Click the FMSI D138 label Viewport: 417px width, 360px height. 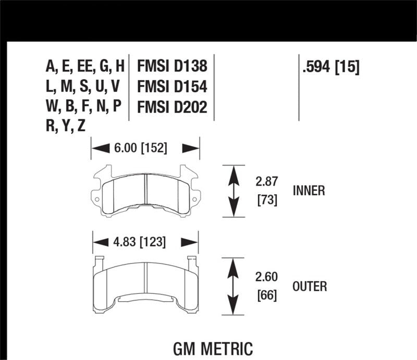click(x=172, y=66)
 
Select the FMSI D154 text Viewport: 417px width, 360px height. click(x=172, y=86)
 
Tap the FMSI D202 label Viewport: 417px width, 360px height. click(x=172, y=107)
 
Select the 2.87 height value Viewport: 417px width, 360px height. click(x=266, y=182)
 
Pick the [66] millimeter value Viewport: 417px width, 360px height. click(x=266, y=295)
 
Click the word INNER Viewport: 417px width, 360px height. click(x=309, y=191)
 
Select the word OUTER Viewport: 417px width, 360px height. click(x=310, y=286)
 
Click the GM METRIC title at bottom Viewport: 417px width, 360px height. click(x=212, y=347)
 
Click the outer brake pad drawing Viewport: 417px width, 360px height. click(x=145, y=284)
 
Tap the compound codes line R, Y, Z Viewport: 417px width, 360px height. click(x=65, y=127)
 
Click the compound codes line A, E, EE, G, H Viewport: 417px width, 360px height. click(x=85, y=66)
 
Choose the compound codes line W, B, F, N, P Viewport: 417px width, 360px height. click(x=83, y=107)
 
